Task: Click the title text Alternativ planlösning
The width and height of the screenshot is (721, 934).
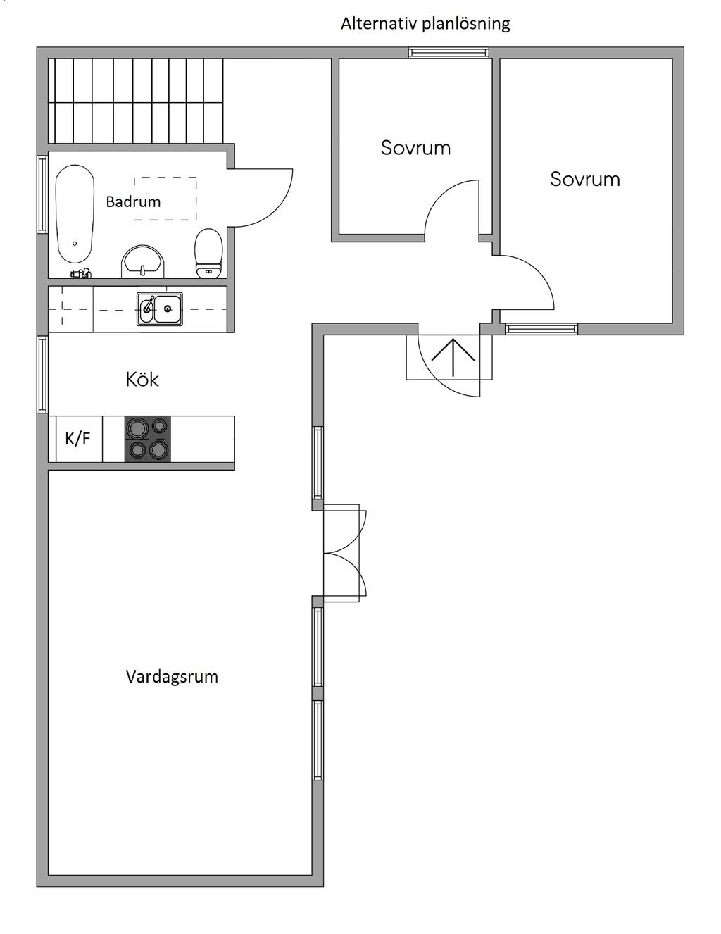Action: pyautogui.click(x=425, y=24)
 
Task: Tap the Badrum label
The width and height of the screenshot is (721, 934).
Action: pyautogui.click(x=133, y=202)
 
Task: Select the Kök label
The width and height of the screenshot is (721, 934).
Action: pyautogui.click(x=142, y=380)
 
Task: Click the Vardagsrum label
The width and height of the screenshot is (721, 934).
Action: pyautogui.click(x=172, y=677)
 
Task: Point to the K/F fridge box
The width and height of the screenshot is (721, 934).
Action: pyautogui.click(x=78, y=439)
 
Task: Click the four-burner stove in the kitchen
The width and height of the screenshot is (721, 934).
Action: pyautogui.click(x=148, y=439)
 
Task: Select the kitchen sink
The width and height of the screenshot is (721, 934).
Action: pyautogui.click(x=160, y=309)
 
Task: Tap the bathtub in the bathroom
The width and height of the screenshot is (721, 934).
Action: pyautogui.click(x=75, y=215)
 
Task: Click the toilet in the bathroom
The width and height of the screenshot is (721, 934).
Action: pyautogui.click(x=208, y=253)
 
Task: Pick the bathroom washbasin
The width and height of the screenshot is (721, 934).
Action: pyautogui.click(x=144, y=262)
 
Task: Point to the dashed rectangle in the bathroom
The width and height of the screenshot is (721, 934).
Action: pyautogui.click(x=165, y=199)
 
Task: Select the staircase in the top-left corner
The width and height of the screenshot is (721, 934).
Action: pyautogui.click(x=135, y=99)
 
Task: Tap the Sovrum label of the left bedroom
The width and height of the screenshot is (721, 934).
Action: pyautogui.click(x=415, y=148)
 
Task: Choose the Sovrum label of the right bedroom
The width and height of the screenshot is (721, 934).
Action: pyautogui.click(x=585, y=179)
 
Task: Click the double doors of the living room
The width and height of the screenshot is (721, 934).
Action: pyautogui.click(x=344, y=553)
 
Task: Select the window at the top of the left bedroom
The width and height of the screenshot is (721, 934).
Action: pyautogui.click(x=449, y=52)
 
